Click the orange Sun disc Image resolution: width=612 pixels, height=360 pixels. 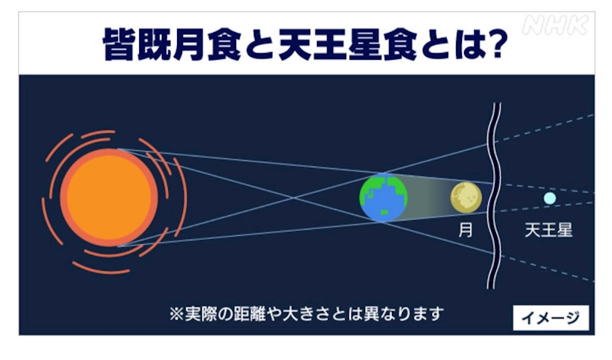click(x=109, y=197)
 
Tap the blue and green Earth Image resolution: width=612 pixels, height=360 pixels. click(x=383, y=198)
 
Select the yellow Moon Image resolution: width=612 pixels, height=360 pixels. click(x=466, y=197)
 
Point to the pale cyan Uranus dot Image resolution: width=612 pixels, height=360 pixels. click(x=549, y=198)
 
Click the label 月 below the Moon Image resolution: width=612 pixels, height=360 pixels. click(x=466, y=230)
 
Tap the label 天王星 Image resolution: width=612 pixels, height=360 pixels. click(x=549, y=230)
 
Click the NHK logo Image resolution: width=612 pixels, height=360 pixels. click(x=555, y=26)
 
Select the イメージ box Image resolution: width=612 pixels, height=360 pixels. click(x=551, y=318)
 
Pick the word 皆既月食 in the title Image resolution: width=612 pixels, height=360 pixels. click(x=171, y=44)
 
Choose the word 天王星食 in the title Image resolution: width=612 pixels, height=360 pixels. click(x=348, y=44)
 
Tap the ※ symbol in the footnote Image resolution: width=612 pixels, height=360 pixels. click(x=176, y=314)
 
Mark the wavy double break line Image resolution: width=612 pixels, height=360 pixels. click(x=494, y=196)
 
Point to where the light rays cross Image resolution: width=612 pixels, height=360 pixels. click(x=294, y=197)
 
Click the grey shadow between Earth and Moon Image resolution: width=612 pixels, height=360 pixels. click(x=429, y=198)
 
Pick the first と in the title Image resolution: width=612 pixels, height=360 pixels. click(x=259, y=44)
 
